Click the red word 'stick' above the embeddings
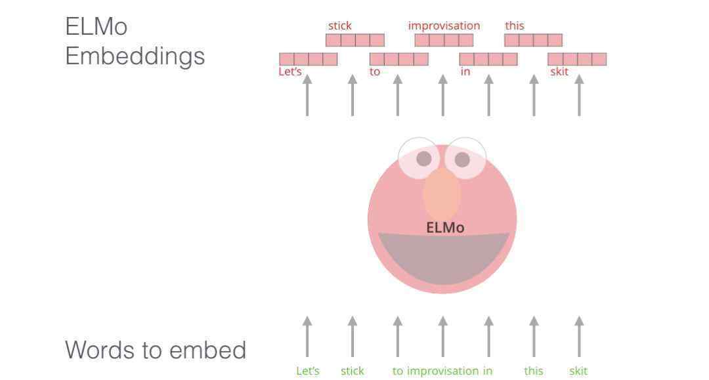point(340,26)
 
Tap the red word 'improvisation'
point(444,26)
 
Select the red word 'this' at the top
point(515,26)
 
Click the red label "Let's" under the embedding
point(290,72)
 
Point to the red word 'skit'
point(559,72)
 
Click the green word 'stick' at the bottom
point(352,371)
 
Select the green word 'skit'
point(578,371)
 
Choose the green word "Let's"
point(308,371)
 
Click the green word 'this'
point(534,371)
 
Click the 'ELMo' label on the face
point(445,228)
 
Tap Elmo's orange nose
point(442,194)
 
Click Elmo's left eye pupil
point(424,158)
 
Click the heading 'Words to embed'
point(156,350)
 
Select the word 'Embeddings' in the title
point(135,56)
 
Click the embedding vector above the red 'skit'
point(577,59)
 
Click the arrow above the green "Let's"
point(307,336)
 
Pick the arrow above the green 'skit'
point(579,336)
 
